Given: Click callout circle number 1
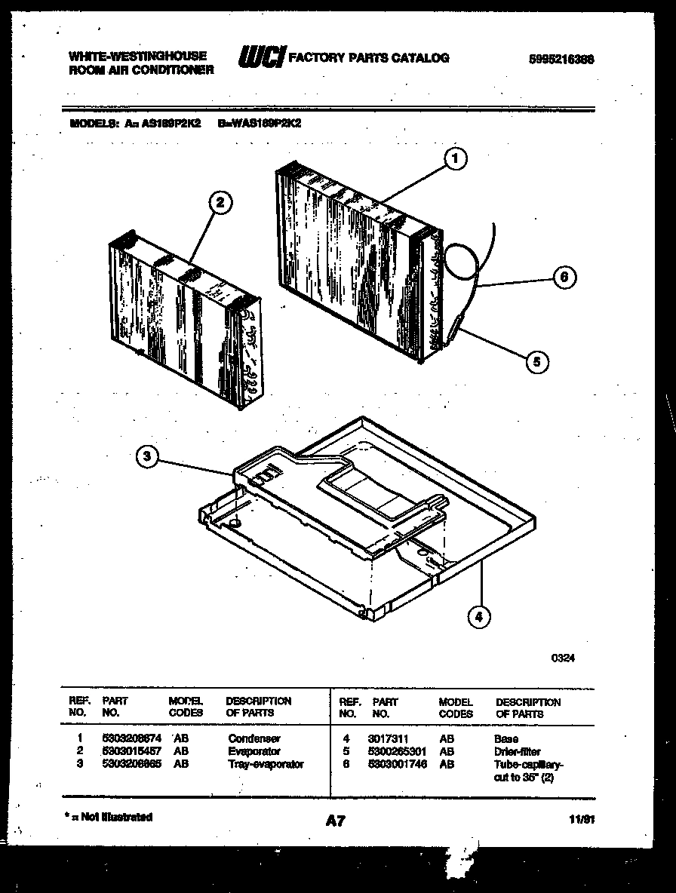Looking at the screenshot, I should tap(455, 158).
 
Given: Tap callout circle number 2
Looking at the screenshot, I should tap(220, 202).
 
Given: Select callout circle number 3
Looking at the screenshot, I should tap(149, 457).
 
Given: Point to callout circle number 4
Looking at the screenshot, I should tap(478, 618).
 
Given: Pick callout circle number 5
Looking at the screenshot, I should tap(536, 361).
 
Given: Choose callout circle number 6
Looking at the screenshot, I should tap(563, 277).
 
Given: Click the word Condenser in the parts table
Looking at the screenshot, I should tap(254, 739).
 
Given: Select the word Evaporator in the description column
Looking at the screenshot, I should tap(254, 751).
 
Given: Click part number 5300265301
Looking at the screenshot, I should tap(398, 751).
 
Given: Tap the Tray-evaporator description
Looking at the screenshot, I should tap(266, 763).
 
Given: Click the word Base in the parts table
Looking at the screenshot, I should tap(506, 739).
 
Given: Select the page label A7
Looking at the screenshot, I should tap(335, 821).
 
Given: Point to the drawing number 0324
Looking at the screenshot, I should tap(562, 657).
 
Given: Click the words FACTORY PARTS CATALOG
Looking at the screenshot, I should tap(369, 57).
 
